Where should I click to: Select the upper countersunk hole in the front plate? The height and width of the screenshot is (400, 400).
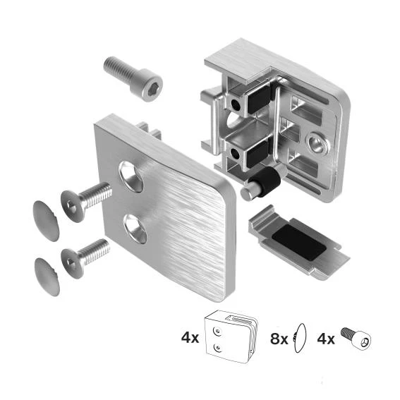point(131,176)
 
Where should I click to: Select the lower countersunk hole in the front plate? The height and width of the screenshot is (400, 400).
point(135,229)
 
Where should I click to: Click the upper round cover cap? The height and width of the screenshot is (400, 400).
point(46,221)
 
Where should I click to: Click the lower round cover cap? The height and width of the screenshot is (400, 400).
point(47,277)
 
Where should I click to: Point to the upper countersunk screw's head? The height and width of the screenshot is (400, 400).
point(72,206)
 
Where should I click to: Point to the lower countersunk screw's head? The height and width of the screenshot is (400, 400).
point(72,264)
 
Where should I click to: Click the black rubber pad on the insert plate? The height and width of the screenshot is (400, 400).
point(298,243)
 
